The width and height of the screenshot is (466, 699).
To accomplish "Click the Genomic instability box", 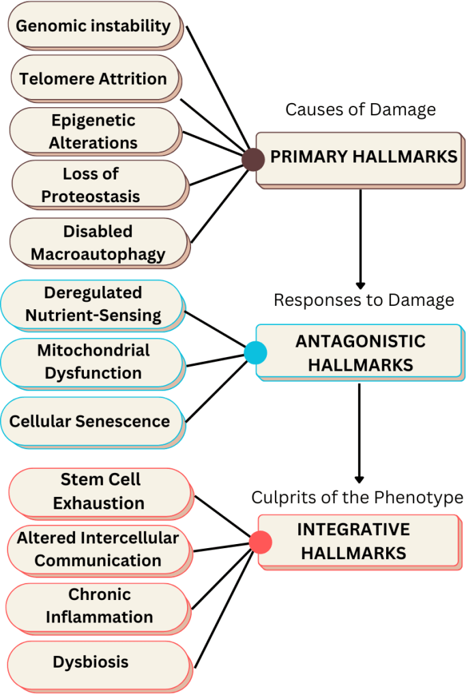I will tap(93, 26).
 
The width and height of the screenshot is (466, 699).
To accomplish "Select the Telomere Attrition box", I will tap(93, 79).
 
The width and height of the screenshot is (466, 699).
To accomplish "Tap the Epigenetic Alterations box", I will tap(93, 131).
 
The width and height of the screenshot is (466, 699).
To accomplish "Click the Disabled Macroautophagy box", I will tap(98, 243).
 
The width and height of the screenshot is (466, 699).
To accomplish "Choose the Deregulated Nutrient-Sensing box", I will tap(93, 304).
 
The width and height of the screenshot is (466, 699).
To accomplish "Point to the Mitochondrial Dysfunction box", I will tap(93, 362).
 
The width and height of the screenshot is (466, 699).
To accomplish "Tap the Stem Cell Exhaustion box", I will tap(98, 491).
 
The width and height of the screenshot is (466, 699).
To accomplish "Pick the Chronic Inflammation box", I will tap(98, 606).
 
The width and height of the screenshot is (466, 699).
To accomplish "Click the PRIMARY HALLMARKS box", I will tap(359, 158).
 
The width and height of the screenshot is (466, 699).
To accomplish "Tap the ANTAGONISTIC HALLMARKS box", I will tap(359, 352).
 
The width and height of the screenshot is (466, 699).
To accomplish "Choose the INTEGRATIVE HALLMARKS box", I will tap(358, 541).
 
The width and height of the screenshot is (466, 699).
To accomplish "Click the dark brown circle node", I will tap(252, 159).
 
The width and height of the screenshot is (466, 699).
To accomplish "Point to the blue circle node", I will tap(255, 353).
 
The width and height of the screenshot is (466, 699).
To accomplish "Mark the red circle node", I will tap(260, 543).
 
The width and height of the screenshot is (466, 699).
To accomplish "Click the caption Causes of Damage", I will tap(360, 110).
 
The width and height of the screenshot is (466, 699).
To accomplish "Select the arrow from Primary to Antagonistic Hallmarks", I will tap(360, 239).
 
